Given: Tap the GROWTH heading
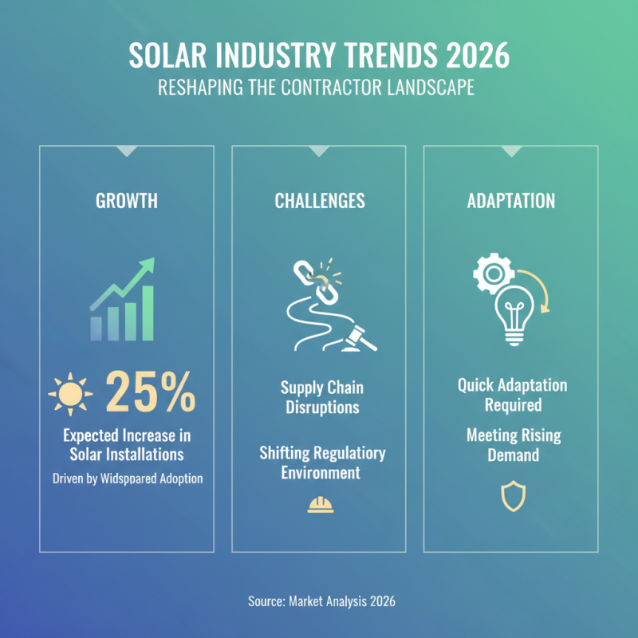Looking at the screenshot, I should (x=127, y=200).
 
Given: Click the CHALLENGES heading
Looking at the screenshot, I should (x=319, y=200).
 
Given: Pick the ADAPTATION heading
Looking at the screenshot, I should (x=510, y=200).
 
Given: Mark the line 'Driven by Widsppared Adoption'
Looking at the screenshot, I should (x=127, y=479).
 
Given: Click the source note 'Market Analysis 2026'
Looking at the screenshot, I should (x=319, y=601).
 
